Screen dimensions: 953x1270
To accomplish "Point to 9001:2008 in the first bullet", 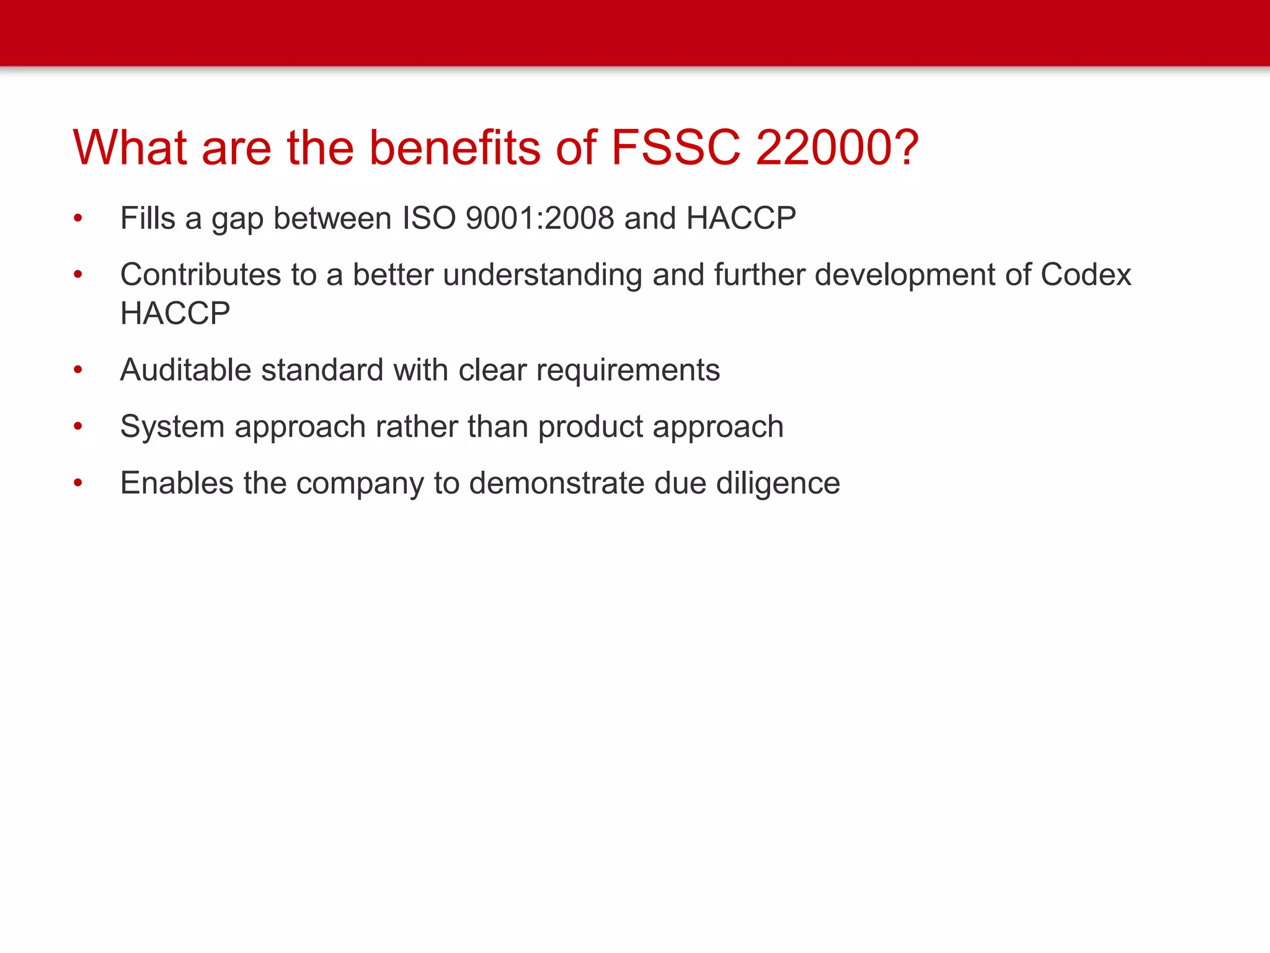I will tap(540, 218).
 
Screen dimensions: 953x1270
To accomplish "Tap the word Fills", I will tap(148, 218).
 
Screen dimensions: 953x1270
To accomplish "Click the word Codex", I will tap(1085, 275).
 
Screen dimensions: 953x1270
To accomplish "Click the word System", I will tap(172, 427).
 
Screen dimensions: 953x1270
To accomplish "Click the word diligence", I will tap(778, 484).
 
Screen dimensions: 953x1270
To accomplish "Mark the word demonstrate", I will tap(556, 483).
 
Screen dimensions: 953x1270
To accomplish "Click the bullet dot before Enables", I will tap(78, 483).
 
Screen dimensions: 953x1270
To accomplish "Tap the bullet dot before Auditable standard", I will tap(78, 370).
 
